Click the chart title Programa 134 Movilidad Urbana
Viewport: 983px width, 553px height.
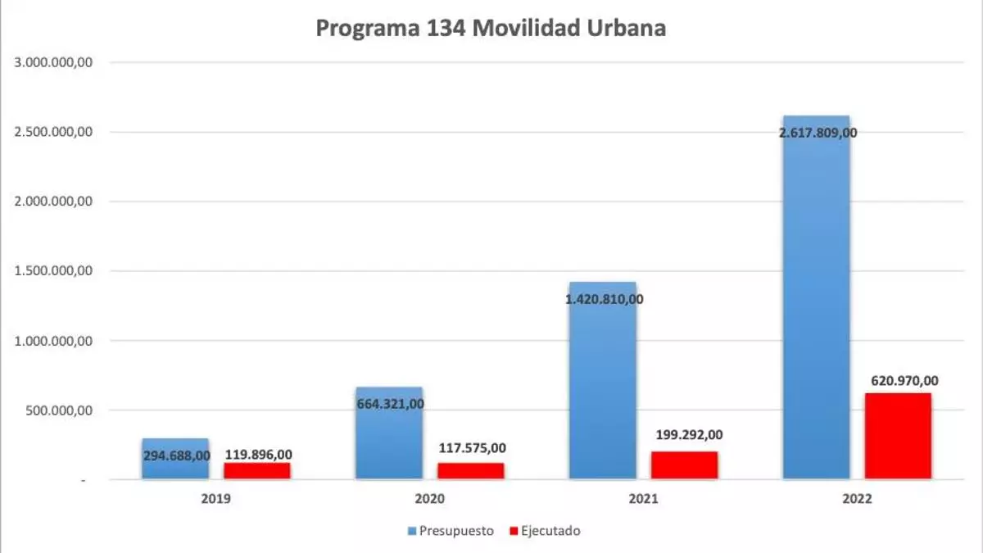coord(491,29)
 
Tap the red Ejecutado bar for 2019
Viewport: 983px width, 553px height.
coord(257,471)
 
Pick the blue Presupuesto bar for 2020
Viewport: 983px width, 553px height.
coord(388,442)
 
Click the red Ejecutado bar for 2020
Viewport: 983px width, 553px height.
coord(470,471)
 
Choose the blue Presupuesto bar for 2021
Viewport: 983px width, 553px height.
coord(602,385)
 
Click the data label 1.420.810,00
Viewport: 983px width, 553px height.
coord(604,299)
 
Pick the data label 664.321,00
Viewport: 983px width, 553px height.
coord(390,404)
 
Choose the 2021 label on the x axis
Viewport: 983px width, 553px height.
coord(643,497)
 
